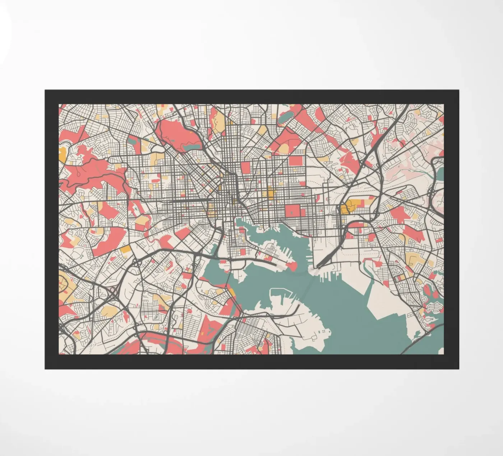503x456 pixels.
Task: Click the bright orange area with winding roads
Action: point(347,207)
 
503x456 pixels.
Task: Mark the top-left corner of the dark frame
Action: point(46,91)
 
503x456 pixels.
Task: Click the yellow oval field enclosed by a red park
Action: point(284,148)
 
